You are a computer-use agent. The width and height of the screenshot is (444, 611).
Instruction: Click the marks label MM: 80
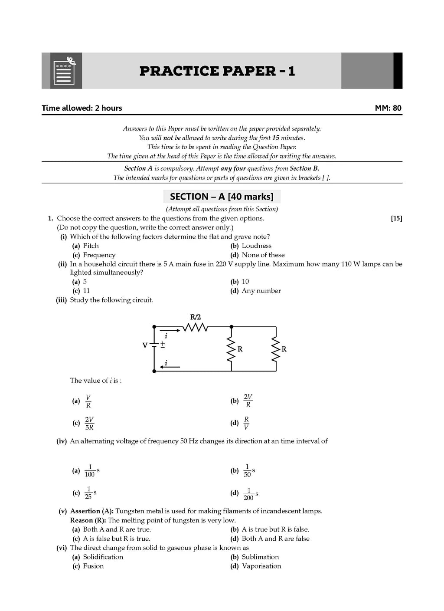(388, 108)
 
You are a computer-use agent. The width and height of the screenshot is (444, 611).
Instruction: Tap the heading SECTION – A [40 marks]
(222, 197)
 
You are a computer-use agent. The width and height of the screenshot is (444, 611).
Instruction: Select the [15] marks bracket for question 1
(396, 218)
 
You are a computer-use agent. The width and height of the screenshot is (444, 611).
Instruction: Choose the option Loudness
(256, 246)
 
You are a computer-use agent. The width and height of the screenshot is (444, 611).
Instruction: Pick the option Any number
(261, 291)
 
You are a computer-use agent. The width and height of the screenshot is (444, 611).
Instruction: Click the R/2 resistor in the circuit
(195, 327)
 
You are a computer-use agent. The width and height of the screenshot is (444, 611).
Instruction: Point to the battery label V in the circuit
(145, 345)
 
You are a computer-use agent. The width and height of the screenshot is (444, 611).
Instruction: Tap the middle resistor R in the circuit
(231, 349)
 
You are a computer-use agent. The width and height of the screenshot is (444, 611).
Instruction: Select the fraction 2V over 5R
(89, 424)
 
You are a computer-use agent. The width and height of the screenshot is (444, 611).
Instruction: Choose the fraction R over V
(246, 423)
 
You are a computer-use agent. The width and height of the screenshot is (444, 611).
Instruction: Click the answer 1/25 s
(90, 493)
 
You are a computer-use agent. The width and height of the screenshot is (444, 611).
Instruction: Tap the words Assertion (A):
(92, 511)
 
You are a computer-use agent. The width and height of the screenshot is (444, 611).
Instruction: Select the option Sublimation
(260, 557)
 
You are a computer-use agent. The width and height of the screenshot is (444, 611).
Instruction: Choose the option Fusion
(93, 566)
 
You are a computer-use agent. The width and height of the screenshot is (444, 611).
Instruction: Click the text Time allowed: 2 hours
(82, 108)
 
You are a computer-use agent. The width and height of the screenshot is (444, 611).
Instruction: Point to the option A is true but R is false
(275, 529)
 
